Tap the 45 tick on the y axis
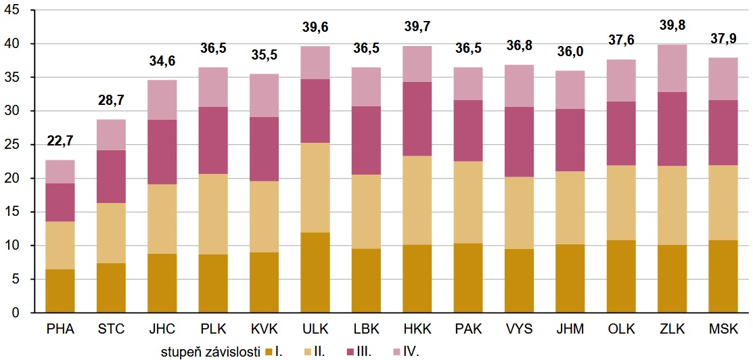tap(16, 10)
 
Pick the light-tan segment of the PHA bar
tap(60, 245)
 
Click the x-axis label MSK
tap(724, 330)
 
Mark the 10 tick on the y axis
tap(16, 246)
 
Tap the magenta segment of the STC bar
tap(112, 177)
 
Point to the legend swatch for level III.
tap(350, 351)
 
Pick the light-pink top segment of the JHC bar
tap(163, 99)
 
